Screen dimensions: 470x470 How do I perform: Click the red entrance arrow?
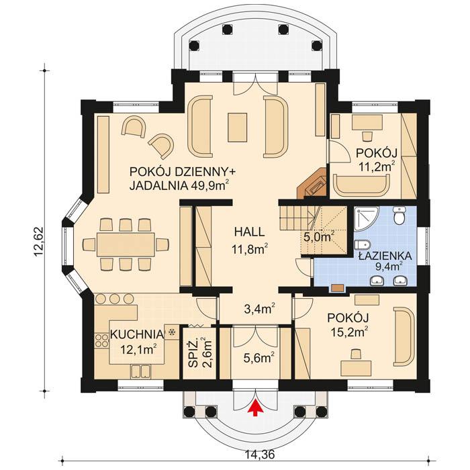(254, 409)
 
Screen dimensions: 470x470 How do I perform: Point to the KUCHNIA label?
(136, 334)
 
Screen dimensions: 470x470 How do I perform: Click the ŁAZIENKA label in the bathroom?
(380, 255)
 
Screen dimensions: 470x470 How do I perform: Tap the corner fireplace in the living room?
(314, 185)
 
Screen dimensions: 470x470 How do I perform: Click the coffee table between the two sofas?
(238, 127)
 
